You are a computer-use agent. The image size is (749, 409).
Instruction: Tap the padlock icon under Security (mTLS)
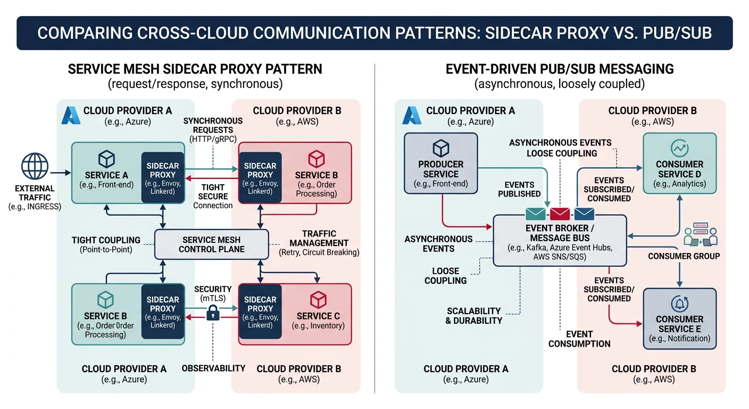[213, 313]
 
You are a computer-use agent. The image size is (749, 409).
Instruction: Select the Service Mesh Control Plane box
[212, 244]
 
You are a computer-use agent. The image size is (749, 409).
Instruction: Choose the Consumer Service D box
[679, 163]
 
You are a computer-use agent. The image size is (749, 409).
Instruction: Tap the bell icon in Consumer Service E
[680, 304]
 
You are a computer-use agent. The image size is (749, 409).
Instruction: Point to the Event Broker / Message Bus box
[560, 240]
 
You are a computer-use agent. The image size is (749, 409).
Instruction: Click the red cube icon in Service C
[318, 299]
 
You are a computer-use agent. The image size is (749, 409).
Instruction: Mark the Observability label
[213, 368]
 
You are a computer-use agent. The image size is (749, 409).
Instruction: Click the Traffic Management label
[319, 243]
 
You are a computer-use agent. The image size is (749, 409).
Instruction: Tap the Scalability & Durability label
[473, 316]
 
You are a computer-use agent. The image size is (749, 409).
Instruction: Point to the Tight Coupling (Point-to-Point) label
[106, 244]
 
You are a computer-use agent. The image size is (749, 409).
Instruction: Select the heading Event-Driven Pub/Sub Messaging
[559, 69]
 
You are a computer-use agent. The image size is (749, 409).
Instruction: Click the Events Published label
[519, 189]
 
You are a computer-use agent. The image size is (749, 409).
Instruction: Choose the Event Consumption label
[579, 339]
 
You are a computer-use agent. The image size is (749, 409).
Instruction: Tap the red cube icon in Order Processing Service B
[317, 158]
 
